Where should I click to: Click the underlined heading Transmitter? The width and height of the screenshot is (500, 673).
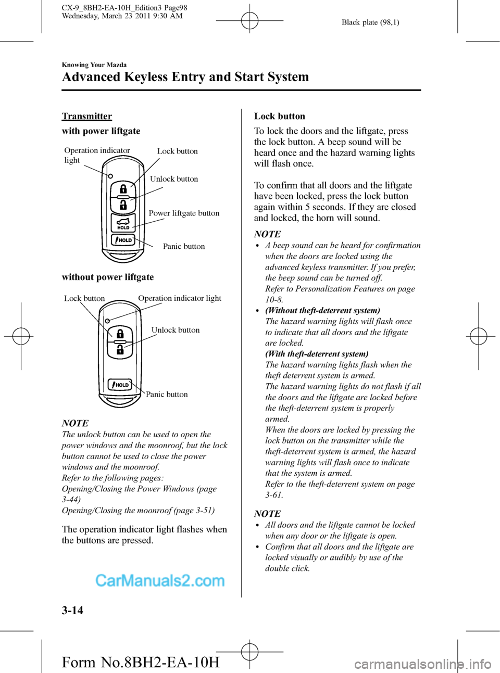[87, 116]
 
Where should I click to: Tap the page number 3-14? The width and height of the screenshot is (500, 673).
[72, 610]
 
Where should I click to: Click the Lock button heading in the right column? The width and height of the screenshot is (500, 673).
[280, 116]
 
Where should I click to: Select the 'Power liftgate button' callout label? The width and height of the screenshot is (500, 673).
[184, 213]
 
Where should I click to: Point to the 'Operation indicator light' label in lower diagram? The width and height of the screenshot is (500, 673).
[180, 298]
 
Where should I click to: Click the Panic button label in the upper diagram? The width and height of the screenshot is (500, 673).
[184, 246]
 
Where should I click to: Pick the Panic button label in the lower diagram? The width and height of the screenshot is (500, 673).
[167, 395]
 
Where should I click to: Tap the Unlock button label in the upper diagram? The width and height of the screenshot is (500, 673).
[174, 179]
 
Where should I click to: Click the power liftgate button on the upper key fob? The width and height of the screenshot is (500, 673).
[123, 222]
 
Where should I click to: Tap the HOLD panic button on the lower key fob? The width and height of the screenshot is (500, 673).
[120, 385]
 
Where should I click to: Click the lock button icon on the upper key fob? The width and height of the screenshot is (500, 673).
[123, 188]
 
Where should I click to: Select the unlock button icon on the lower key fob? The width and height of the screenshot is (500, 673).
[120, 349]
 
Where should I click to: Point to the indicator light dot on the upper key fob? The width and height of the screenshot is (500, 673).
[110, 176]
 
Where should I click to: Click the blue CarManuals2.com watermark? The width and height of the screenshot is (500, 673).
[160, 580]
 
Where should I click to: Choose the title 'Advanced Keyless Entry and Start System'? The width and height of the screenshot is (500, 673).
[185, 77]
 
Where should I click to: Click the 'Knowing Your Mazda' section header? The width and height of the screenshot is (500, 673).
[94, 65]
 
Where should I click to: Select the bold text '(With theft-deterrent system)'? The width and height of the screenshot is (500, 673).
[317, 354]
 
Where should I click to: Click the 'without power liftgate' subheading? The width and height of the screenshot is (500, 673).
[108, 277]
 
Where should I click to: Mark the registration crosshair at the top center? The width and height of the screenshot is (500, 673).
[250, 21]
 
